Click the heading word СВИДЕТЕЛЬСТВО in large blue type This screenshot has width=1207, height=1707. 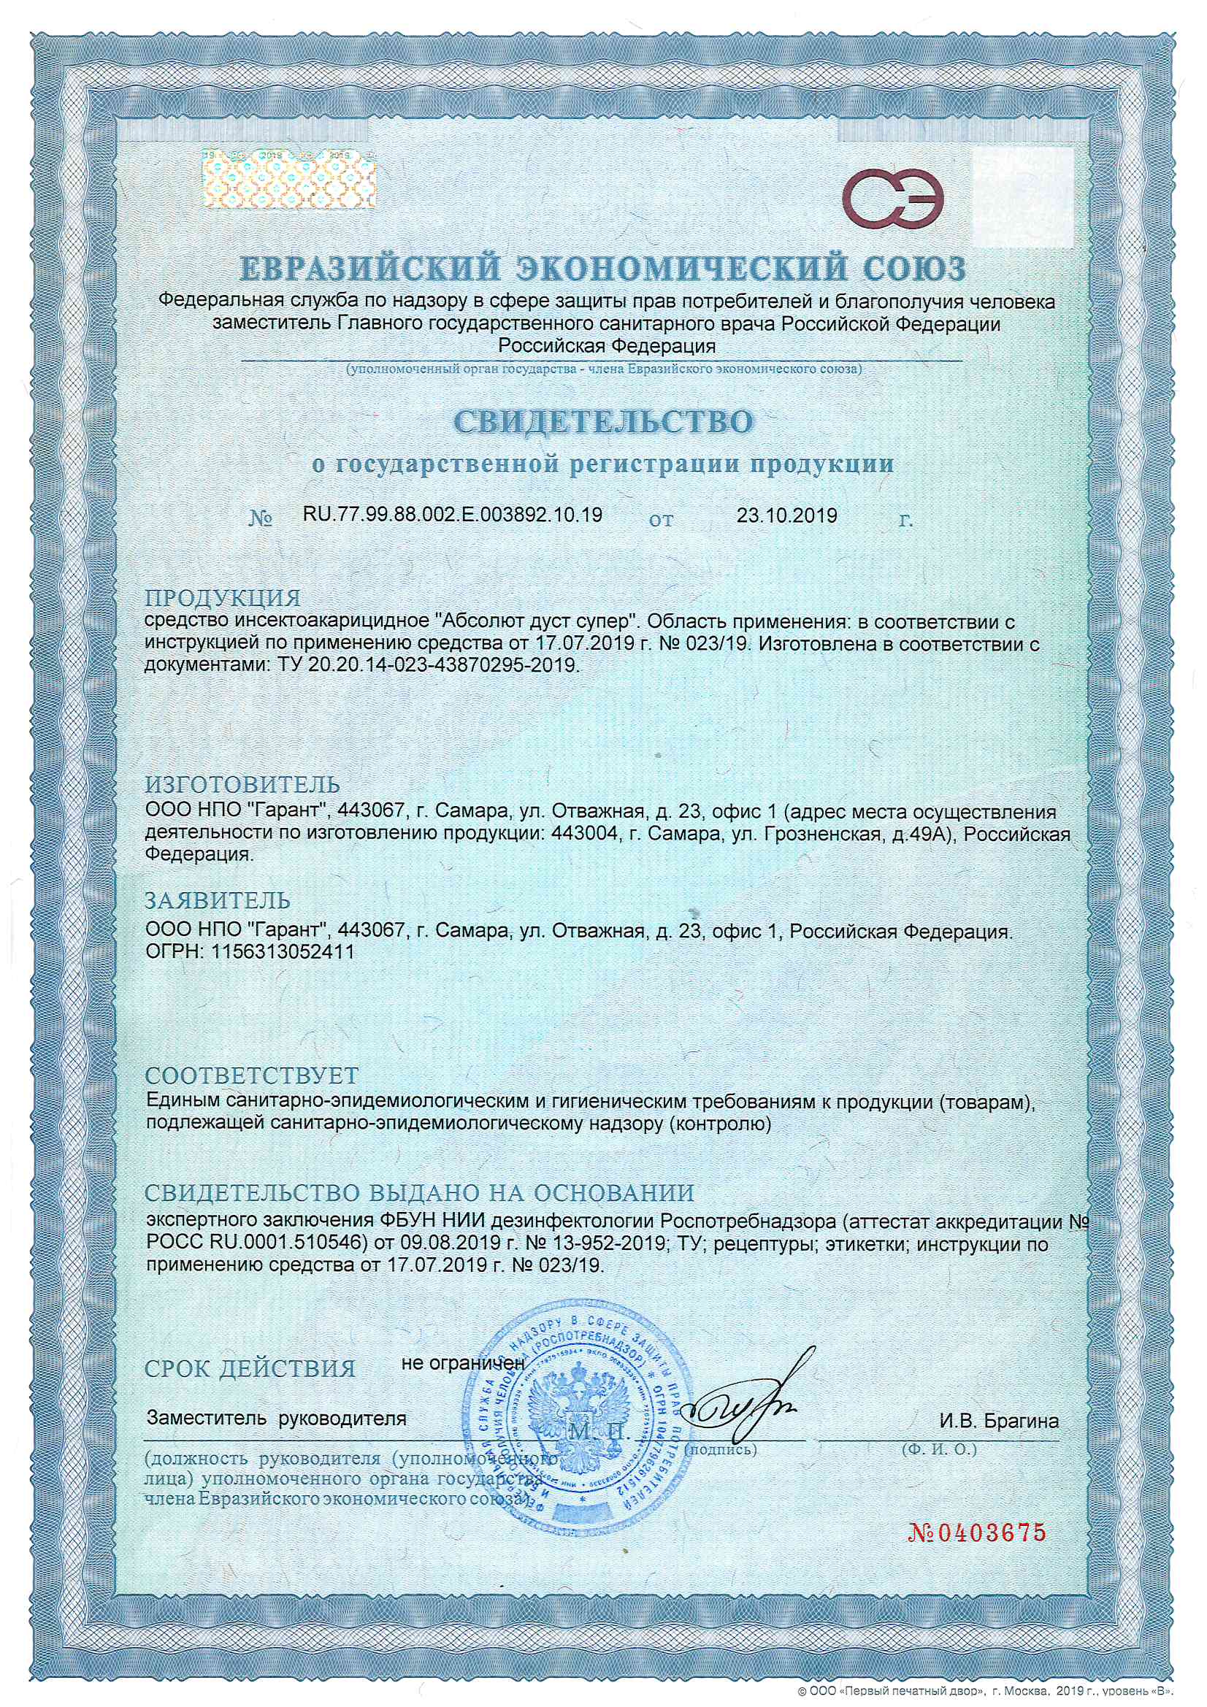coord(603,421)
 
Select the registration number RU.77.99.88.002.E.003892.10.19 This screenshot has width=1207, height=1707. coord(452,515)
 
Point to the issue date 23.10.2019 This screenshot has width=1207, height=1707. coord(786,515)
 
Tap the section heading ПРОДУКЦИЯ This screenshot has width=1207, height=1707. coord(223,598)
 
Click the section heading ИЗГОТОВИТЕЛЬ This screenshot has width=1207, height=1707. coord(242,784)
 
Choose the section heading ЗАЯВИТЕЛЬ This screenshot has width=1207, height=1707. coord(217,900)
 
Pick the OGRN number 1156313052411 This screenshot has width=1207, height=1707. coord(283,951)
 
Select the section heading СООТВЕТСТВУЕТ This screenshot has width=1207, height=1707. coord(251,1075)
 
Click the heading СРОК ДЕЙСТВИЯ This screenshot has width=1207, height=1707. coord(250,1369)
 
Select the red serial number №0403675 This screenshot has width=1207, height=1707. coord(976,1533)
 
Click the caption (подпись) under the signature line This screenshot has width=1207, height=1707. coord(720,1449)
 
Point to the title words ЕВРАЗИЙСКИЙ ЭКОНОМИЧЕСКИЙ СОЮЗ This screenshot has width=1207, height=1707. coord(603,269)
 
